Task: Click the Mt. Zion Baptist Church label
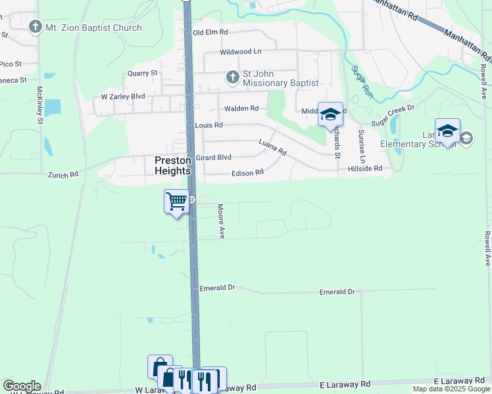tap(93, 28)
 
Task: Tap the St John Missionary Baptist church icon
tap(232, 77)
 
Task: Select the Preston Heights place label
tap(172, 165)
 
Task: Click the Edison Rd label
tap(247, 173)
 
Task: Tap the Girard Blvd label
tap(213, 158)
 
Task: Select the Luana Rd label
tap(272, 147)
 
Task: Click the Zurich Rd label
tap(63, 175)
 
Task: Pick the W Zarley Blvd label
tap(123, 97)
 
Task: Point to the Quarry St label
tap(143, 73)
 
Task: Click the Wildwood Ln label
tap(240, 51)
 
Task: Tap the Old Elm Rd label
tap(210, 32)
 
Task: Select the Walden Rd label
tap(241, 109)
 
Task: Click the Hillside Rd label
tap(364, 169)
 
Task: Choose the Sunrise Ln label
tap(361, 146)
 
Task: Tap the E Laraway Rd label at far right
tap(458, 381)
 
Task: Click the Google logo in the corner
tap(22, 386)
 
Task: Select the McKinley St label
tap(40, 106)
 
